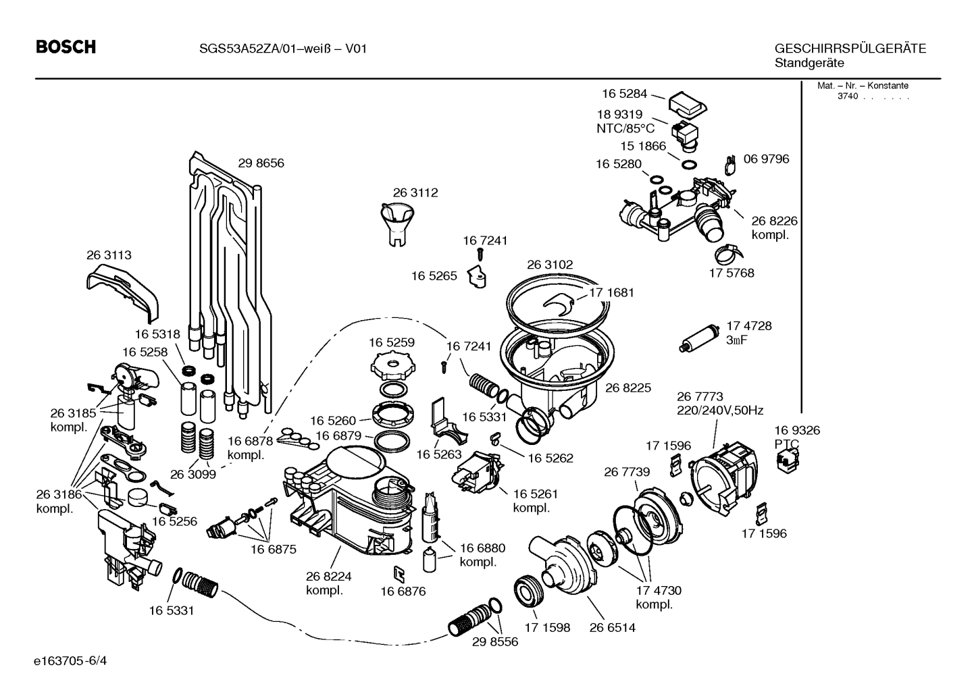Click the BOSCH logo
click(66, 47)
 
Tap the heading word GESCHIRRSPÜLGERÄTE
click(850, 48)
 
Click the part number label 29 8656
click(261, 163)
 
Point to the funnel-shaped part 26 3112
click(397, 225)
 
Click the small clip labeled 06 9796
click(730, 165)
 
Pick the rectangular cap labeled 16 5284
click(687, 105)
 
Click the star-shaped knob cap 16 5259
click(392, 366)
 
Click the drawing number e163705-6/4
click(70, 661)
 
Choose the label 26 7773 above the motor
click(700, 396)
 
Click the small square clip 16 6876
click(399, 574)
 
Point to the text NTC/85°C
click(625, 129)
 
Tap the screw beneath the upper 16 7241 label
click(480, 254)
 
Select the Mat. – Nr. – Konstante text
click(863, 86)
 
